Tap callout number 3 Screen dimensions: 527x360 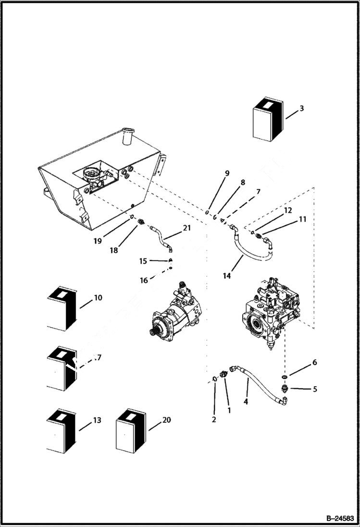click(301, 109)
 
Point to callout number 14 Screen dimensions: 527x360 click(227, 276)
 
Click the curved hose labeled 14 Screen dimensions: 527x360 click(250, 255)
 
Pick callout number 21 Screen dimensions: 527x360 click(186, 228)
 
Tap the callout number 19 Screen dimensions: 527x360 click(98, 241)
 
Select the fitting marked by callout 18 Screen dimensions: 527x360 click(141, 222)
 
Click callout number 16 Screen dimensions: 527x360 click(144, 281)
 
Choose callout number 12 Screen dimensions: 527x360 click(287, 210)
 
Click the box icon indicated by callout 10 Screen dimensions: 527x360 click(61, 310)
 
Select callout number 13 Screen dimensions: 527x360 click(97, 420)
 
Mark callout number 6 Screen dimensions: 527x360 click(315, 363)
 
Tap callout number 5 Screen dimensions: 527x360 click(314, 389)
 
